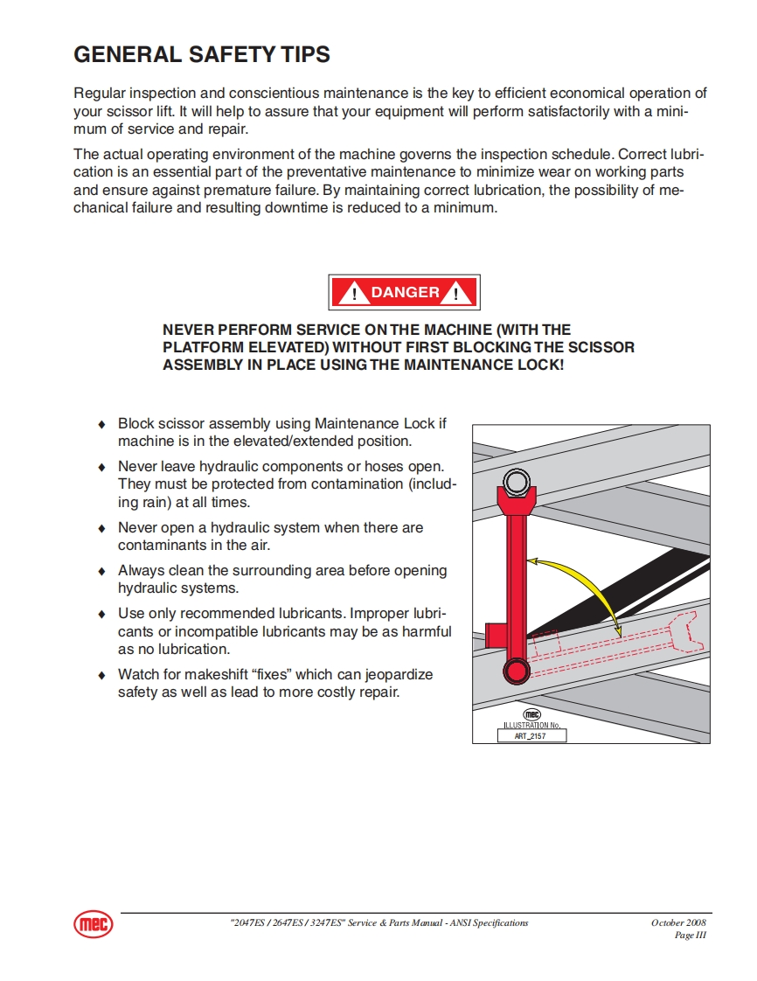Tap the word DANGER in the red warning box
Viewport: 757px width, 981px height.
pos(405,293)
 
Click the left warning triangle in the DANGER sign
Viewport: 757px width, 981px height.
pos(353,294)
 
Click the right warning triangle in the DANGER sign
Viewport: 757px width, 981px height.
pos(456,294)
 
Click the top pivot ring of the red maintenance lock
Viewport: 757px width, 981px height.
pos(516,482)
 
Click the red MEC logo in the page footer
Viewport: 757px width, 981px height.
pos(93,924)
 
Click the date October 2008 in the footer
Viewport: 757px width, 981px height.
pos(678,922)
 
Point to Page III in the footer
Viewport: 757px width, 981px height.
pos(690,936)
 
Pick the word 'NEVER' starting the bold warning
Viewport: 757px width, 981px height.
pos(188,330)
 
